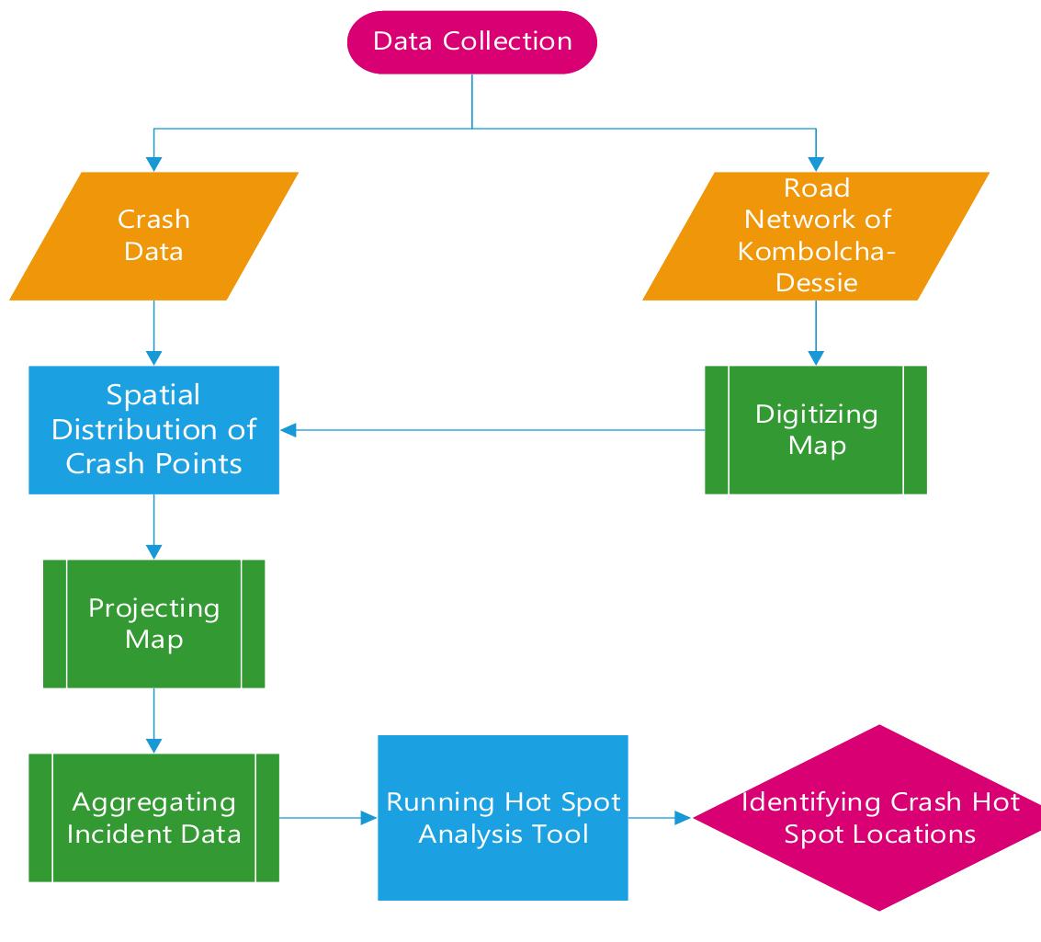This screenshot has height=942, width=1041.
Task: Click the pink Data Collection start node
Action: [472, 42]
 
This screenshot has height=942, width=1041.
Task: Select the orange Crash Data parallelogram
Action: [153, 236]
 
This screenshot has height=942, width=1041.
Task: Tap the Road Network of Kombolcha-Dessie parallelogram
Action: [816, 236]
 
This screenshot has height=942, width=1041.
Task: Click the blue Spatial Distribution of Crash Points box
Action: [153, 429]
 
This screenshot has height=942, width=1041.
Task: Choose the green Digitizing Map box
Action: [816, 429]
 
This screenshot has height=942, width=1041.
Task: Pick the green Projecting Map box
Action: [153, 623]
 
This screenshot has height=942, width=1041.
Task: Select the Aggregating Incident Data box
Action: [153, 817]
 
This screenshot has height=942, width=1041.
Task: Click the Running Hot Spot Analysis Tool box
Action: [503, 817]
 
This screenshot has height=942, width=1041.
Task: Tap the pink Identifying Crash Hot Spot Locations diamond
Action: [879, 817]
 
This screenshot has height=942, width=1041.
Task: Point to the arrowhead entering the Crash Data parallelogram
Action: [153, 164]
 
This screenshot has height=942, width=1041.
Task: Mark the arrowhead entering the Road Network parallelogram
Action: [816, 164]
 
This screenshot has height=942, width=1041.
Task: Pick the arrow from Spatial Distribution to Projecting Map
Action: [153, 527]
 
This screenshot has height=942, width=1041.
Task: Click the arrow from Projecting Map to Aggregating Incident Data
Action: [153, 720]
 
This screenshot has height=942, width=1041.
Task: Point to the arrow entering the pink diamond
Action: [660, 817]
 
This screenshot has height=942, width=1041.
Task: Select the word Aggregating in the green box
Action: [153, 802]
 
